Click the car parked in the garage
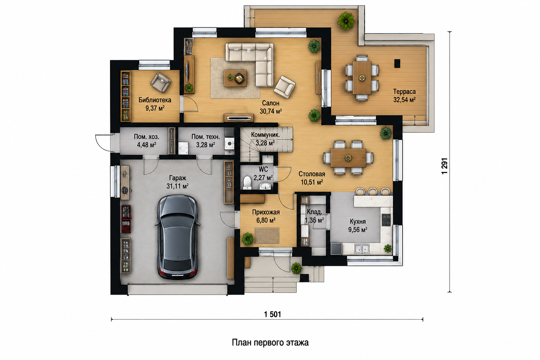(x=178, y=237)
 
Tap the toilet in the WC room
(x=247, y=183)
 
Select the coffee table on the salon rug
(x=235, y=78)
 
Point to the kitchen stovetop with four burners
(x=386, y=220)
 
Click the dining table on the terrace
(x=362, y=78)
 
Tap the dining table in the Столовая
(x=348, y=158)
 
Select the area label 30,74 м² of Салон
(x=271, y=111)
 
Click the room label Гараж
(x=178, y=178)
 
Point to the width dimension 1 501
(x=272, y=314)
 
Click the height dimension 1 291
(x=445, y=166)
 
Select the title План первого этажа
(x=270, y=343)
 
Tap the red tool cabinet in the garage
(x=126, y=219)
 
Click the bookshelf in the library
(x=126, y=96)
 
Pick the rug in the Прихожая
(x=267, y=236)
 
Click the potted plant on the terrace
(x=346, y=21)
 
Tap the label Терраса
(x=405, y=92)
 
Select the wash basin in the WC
(x=265, y=186)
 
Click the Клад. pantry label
(x=315, y=212)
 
